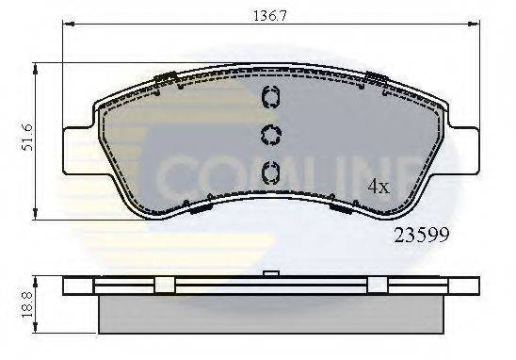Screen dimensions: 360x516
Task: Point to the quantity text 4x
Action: [377, 187]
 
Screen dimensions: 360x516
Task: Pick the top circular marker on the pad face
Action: [268, 98]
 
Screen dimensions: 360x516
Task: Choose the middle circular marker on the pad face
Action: [268, 135]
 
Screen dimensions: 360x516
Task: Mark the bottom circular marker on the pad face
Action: [268, 172]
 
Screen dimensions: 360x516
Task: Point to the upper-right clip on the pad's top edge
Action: [378, 78]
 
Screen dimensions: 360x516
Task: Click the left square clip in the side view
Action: [162, 286]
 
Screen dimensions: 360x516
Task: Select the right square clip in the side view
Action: [378, 286]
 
